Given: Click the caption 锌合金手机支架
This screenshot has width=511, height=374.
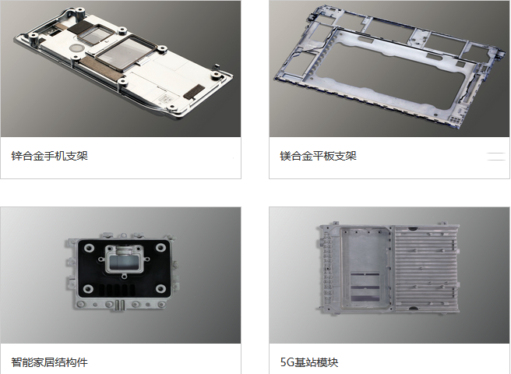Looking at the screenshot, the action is coord(50,156).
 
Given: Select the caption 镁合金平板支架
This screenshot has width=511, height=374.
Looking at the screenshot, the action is coord(318,156).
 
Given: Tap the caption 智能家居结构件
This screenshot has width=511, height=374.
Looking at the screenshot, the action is coord(50,362).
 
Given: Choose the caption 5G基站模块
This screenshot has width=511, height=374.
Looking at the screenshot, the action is coord(309,362).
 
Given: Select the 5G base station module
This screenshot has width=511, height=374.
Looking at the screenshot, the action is coord(389,267).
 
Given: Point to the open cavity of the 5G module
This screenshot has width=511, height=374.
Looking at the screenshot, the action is coord(365,267).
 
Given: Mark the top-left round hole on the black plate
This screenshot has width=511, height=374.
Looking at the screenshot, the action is coord(89,248).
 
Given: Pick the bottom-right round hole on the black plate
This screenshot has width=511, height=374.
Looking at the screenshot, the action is coord(160,288).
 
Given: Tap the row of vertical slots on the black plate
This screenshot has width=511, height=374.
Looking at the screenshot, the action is coord(117,290).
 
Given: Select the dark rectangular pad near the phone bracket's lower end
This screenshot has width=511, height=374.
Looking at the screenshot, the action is coord(194,92).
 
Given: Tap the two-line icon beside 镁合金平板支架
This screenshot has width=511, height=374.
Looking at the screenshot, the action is coord(496,156).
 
